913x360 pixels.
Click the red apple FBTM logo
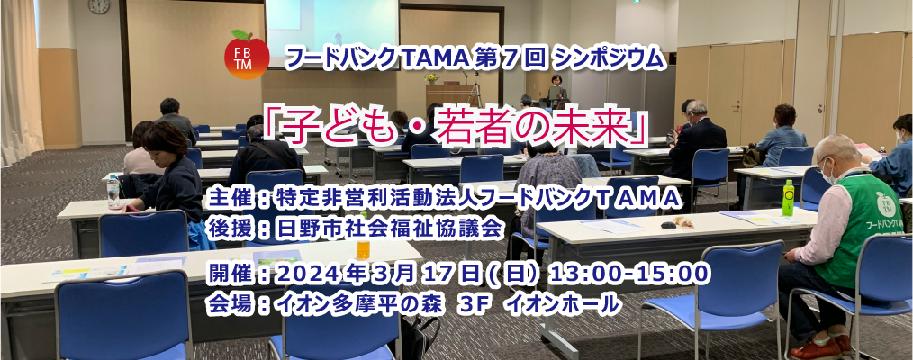pyautogui.click(x=247, y=55)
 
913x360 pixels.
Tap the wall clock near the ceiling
pyautogui.click(x=98, y=5)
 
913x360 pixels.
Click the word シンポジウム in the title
pyautogui.click(x=609, y=58)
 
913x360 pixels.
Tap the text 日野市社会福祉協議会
pyautogui.click(x=388, y=229)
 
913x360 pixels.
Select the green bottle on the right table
pyautogui.click(x=788, y=198)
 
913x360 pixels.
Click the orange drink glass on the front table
pyautogui.click(x=364, y=249)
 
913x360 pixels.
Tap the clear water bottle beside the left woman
pyautogui.click(x=113, y=192)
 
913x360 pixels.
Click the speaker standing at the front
pyautogui.click(x=556, y=91)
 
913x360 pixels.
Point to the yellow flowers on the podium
pyautogui.click(x=431, y=78)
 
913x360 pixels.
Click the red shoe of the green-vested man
pyautogui.click(x=815, y=349)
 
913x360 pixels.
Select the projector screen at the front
pyautogui.click(x=332, y=33)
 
